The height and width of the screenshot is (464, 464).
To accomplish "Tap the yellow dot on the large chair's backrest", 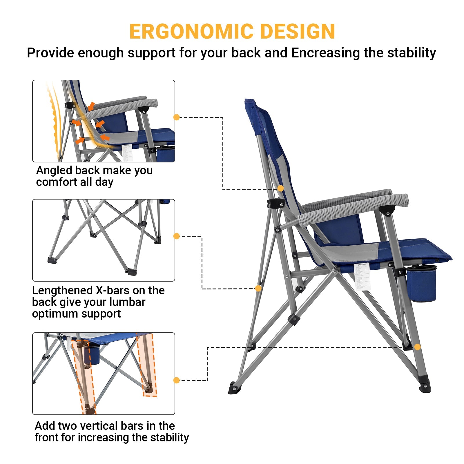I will [x=280, y=188].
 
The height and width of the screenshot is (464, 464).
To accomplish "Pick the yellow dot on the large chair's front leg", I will [x=417, y=347].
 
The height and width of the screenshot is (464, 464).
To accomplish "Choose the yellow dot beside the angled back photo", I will [x=176, y=117].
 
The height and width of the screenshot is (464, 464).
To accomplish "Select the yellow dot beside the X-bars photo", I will [x=176, y=236].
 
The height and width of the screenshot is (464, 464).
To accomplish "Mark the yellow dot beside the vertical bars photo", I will [x=176, y=380].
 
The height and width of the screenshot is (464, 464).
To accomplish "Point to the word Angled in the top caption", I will [x=54, y=171].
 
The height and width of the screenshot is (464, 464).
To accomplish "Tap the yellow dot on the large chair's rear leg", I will [x=258, y=288].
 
